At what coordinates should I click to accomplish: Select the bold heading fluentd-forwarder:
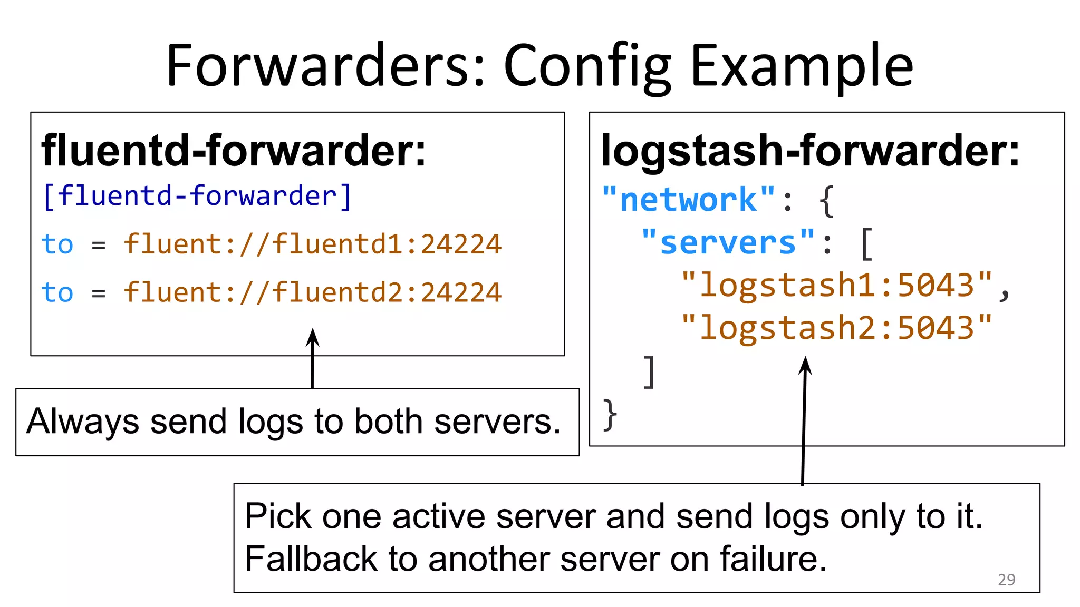tap(233, 151)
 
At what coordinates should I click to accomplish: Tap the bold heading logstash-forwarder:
tap(810, 151)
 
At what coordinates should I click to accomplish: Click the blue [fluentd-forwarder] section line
tap(196, 196)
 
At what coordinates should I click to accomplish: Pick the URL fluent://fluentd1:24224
tap(312, 244)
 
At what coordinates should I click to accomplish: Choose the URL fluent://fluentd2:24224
tap(312, 292)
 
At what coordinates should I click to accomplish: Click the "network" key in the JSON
tap(688, 200)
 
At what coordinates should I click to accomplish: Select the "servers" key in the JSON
tap(728, 243)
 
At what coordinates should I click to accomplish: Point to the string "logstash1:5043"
tap(836, 286)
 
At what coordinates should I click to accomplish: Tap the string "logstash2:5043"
tap(836, 328)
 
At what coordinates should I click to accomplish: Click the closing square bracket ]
tap(650, 372)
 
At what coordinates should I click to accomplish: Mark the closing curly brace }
tap(610, 415)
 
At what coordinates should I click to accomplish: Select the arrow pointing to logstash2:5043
tap(804, 422)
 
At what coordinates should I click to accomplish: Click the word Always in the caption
tap(82, 422)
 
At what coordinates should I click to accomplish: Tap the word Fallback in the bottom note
tap(310, 559)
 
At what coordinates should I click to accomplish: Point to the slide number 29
tap(1006, 580)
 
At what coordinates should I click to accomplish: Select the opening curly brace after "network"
tap(826, 201)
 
